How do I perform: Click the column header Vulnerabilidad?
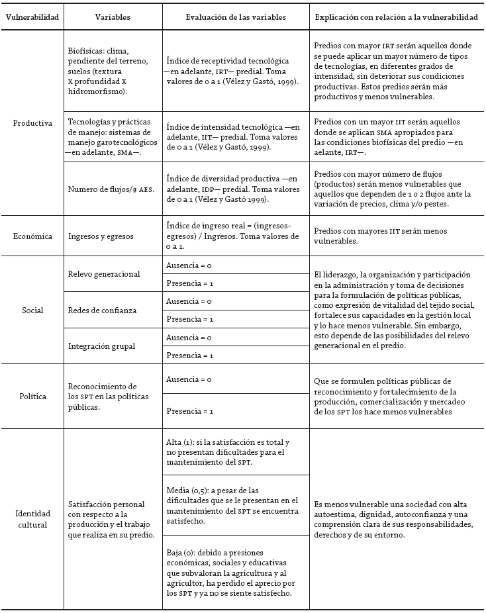[32, 17]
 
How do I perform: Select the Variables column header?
[113, 17]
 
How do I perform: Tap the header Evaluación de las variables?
[236, 17]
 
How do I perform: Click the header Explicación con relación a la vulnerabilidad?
[396, 17]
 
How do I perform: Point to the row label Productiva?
[32, 122]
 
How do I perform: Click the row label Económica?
[32, 236]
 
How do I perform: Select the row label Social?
[32, 310]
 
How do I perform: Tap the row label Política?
[32, 396]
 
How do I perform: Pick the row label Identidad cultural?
[32, 519]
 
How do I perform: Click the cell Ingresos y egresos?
[101, 236]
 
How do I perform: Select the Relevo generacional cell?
[104, 274]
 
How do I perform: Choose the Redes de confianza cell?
[101, 310]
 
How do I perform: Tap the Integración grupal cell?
[101, 346]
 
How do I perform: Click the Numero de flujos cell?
[111, 189]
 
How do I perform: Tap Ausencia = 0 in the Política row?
[189, 380]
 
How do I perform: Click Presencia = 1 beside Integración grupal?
[189, 355]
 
